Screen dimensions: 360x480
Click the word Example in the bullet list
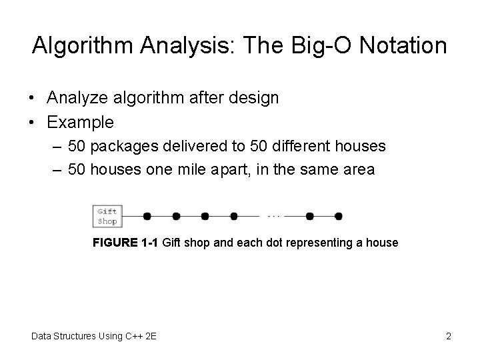coord(80,123)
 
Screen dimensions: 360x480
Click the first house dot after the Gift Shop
coord(147,216)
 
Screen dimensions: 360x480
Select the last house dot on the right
coord(338,216)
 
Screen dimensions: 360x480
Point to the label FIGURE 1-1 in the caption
coord(125,243)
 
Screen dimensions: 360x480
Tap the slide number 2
coord(449,336)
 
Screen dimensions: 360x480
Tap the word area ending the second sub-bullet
coord(359,169)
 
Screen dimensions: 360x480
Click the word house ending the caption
coord(383,243)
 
